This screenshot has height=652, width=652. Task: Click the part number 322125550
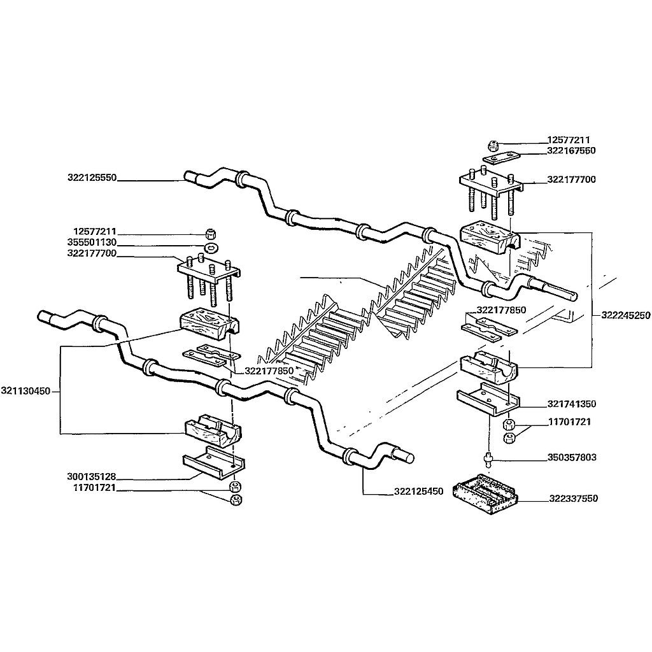pyautogui.click(x=92, y=178)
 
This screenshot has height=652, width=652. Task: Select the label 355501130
pyautogui.click(x=92, y=243)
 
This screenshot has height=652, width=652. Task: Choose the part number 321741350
pyautogui.click(x=571, y=404)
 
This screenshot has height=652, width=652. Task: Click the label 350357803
pyautogui.click(x=571, y=458)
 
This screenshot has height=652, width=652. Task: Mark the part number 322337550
pyautogui.click(x=573, y=499)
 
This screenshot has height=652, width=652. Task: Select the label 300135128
pyautogui.click(x=90, y=476)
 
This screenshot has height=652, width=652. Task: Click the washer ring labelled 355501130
pyautogui.click(x=211, y=246)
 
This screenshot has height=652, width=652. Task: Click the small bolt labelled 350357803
pyautogui.click(x=489, y=458)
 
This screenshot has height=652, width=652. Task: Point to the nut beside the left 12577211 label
pyautogui.click(x=211, y=232)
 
